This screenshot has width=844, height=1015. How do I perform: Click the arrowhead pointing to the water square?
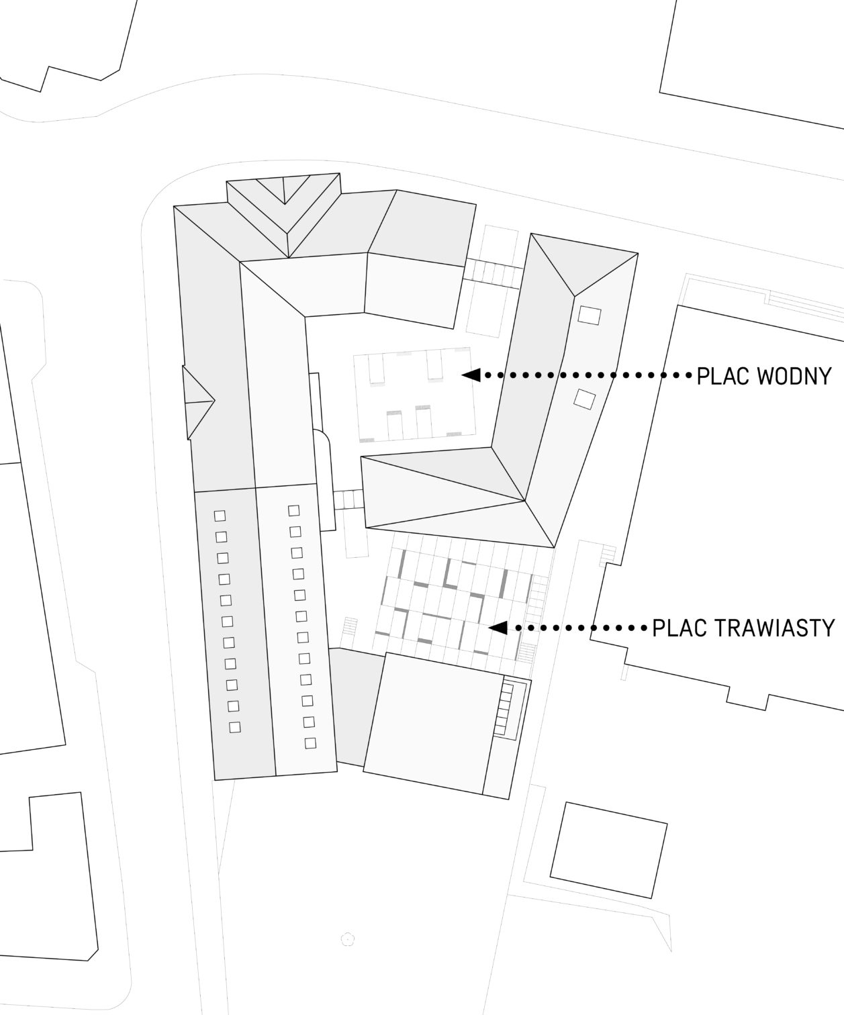pos(471,375)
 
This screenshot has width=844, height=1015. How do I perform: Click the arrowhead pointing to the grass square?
pos(498,628)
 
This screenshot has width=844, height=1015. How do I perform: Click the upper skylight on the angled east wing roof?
pos(590,316)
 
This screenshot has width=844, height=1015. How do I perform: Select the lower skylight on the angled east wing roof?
pos(584,399)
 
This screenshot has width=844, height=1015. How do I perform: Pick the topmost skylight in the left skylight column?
pos(220,516)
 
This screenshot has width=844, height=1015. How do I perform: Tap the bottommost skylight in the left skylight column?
pos(235,727)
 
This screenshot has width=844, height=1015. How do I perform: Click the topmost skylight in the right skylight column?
pos(293,510)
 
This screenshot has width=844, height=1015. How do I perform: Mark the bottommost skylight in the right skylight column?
pos(310,742)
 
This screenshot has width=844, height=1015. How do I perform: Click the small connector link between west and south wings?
pos(348,499)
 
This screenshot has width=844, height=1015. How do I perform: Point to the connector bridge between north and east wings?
pos(493,273)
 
